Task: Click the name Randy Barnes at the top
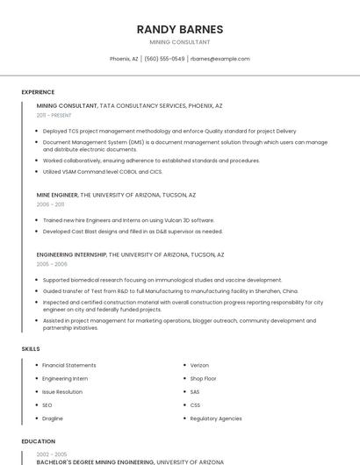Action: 180,29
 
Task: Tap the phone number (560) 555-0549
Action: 164,59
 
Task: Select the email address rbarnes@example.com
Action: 220,59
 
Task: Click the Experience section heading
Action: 38,92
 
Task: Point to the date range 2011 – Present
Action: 54,115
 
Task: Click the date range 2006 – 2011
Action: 50,204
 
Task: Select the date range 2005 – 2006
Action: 52,263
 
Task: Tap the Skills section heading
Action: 31,349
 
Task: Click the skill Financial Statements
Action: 69,365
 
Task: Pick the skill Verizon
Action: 200,365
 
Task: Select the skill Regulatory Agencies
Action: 216,418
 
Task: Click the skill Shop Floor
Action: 204,378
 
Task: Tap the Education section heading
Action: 38,442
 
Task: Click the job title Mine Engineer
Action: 57,195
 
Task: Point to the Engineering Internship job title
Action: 71,254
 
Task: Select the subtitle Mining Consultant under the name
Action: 180,42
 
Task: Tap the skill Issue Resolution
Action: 62,391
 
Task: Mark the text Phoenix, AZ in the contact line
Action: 124,59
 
